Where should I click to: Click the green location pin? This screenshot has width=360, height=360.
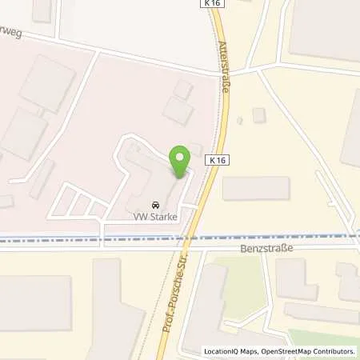point(181,161)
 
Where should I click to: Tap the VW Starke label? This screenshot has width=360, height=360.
point(156,216)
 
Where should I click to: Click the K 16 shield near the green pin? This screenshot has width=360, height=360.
point(215,160)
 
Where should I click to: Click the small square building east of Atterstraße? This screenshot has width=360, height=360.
point(258,115)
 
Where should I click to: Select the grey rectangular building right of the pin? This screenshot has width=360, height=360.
point(255,189)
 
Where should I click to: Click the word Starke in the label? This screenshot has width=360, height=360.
point(163,216)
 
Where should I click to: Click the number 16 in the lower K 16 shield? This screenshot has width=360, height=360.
point(218,160)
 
